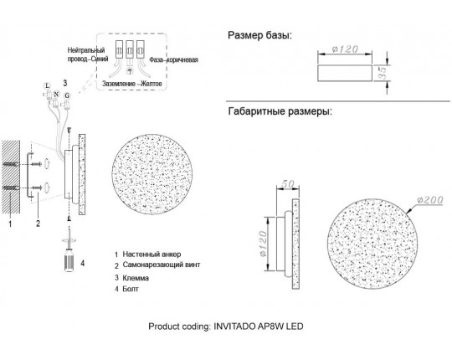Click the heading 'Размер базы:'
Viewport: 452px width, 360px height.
coord(259,36)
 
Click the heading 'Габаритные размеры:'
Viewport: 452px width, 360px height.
coord(280,111)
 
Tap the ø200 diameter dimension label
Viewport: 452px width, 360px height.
coord(429,200)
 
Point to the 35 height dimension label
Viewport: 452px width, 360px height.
coord(383,72)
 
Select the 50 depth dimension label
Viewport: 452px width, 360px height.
coord(287,184)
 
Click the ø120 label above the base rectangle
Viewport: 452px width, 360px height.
coord(345,49)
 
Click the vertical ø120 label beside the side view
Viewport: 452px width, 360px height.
coord(263,244)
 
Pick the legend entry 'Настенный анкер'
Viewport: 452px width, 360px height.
coord(152,255)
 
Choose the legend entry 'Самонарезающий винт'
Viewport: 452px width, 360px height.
coord(162,265)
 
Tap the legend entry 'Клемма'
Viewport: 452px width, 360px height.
coord(136,278)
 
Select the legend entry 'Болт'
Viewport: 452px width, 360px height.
coord(131,289)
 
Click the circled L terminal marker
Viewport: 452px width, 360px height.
coord(47,85)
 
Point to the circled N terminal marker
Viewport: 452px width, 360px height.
coord(56,95)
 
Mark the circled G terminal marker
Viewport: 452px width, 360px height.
coord(67,95)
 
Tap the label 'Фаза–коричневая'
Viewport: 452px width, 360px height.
coord(173,60)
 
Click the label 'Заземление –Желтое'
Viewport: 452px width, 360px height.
coord(132,84)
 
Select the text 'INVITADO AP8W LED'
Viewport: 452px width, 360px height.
coord(259,327)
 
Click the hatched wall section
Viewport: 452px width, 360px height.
coord(11,177)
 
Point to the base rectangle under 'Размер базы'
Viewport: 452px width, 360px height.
coord(345,73)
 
